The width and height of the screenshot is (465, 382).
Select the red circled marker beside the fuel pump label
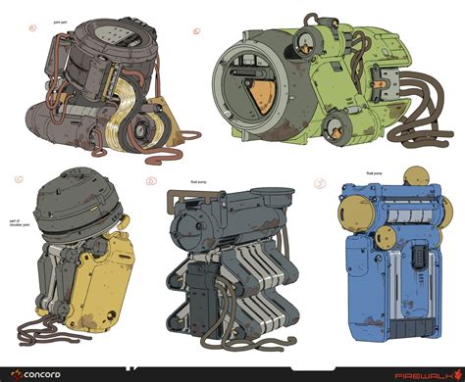(x=320, y=183)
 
